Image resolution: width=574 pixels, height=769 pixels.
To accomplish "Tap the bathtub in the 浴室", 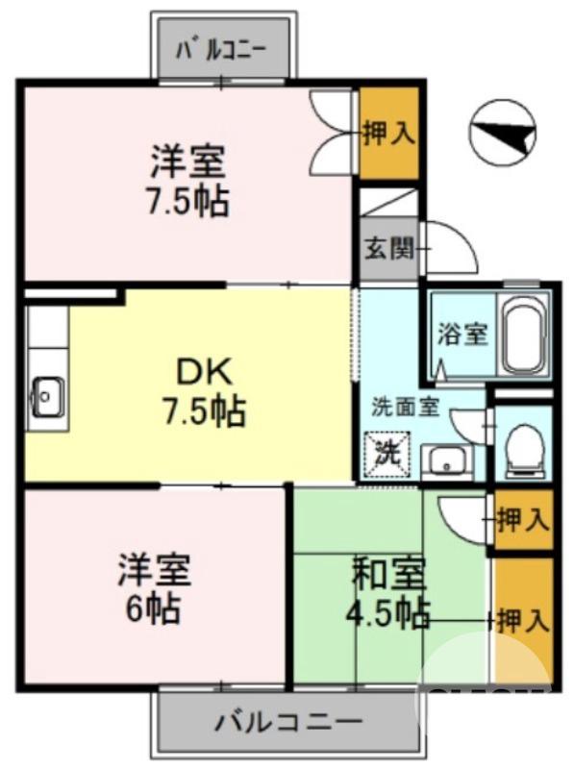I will click(523, 337).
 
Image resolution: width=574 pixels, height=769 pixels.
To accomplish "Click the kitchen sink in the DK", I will click(45, 395).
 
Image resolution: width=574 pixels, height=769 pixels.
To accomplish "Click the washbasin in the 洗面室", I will click(447, 460).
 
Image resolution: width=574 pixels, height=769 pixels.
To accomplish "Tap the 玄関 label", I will click(388, 249).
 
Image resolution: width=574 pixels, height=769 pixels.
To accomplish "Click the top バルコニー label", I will click(224, 47).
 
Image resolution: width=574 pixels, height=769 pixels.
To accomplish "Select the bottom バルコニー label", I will click(288, 720).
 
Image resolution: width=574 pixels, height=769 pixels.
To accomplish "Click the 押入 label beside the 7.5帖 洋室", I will click(388, 134).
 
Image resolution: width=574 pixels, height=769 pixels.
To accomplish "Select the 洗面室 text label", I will click(406, 406).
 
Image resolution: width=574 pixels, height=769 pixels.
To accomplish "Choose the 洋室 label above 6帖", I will click(154, 571).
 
